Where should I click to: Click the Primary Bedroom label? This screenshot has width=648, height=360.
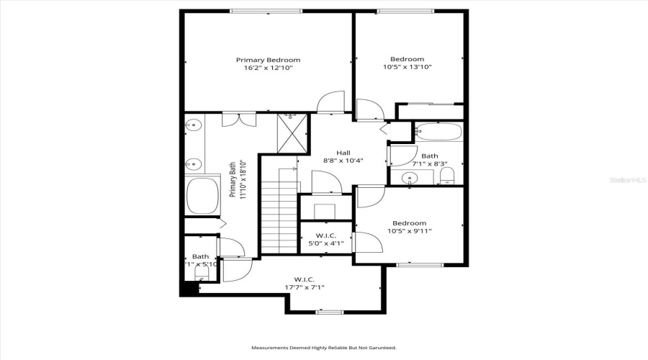[268, 60]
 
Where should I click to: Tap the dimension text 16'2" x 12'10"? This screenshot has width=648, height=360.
[268, 68]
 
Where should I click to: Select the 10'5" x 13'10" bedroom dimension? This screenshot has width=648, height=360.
[407, 67]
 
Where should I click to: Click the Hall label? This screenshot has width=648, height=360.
[343, 153]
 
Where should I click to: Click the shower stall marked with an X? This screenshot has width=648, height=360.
[292, 132]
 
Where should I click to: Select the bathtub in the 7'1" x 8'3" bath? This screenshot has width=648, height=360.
[438, 132]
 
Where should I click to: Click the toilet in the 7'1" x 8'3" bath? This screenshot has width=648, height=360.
[446, 176]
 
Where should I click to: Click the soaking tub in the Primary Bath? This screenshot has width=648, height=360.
[202, 195]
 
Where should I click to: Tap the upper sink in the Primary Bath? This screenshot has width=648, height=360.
[192, 127]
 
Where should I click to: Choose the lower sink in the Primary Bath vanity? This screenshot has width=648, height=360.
[192, 163]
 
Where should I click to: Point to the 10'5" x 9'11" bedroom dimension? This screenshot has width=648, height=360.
[408, 232]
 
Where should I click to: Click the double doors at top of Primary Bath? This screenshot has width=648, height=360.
[238, 120]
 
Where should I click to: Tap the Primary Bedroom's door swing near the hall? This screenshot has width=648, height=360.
[332, 103]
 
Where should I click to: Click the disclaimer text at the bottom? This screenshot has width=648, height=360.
[323, 348]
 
